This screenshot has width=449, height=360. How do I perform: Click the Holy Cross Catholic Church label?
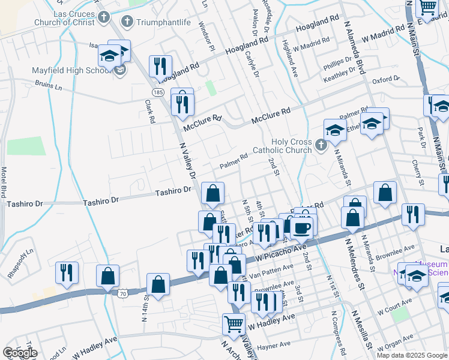point(291,146)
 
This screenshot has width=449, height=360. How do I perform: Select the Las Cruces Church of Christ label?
point(66,18)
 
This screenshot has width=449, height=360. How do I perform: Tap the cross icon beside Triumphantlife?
point(127,22)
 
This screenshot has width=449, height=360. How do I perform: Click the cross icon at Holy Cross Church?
point(321,145)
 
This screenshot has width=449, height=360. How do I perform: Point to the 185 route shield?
point(158,92)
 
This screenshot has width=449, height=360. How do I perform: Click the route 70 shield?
point(122,293)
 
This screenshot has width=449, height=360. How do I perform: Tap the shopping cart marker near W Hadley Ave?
point(234,324)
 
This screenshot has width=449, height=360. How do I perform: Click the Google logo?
point(20,353)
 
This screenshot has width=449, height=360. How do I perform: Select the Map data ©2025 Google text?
point(411,355)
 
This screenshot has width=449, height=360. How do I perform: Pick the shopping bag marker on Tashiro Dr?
point(212,194)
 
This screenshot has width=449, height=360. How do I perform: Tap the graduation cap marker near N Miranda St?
point(335,130)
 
